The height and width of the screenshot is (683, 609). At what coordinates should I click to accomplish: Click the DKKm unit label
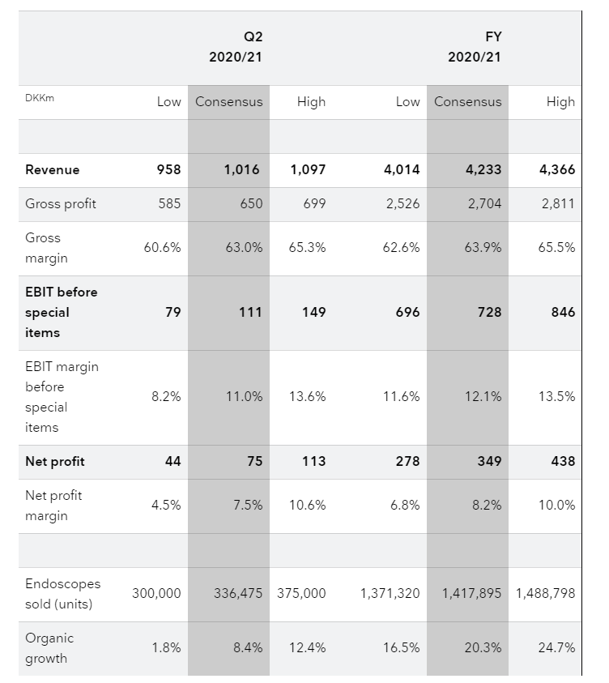(40, 99)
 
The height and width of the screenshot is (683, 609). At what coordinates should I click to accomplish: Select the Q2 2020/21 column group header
(232, 47)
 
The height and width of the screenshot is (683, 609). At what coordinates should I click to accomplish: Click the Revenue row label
(53, 170)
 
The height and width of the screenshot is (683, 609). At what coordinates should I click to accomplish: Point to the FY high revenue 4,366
(556, 170)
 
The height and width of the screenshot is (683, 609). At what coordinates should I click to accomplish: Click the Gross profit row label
(61, 204)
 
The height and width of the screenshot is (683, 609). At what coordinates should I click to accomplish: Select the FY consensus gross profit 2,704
(481, 204)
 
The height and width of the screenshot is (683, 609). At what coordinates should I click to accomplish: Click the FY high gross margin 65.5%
(556, 248)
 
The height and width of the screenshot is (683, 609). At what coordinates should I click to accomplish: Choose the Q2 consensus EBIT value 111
(250, 313)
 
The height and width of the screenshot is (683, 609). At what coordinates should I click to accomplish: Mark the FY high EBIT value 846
(563, 313)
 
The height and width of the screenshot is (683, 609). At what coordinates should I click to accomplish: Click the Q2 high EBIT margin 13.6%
(307, 397)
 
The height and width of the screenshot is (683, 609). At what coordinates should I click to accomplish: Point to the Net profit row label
(55, 462)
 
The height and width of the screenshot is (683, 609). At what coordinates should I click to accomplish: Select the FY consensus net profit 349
(489, 462)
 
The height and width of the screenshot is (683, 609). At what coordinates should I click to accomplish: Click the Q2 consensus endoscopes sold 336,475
(238, 594)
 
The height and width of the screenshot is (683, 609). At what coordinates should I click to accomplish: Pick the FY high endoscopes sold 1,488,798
(545, 594)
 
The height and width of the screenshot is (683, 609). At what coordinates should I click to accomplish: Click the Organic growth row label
(49, 648)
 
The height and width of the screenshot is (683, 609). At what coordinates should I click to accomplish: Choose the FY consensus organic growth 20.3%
(483, 648)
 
